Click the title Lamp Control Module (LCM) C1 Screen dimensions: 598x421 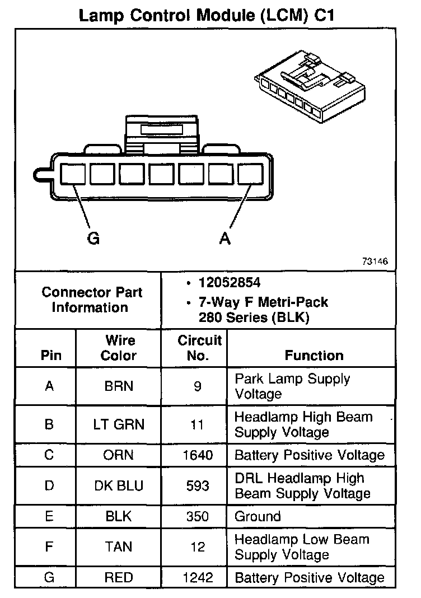click(207, 15)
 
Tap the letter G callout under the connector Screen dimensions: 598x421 click(93, 239)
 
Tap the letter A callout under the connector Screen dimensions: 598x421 click(224, 239)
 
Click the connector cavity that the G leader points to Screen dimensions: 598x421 click(72, 175)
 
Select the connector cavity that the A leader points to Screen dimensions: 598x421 click(250, 175)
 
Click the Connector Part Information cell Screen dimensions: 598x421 click(92, 300)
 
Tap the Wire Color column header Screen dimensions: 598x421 click(119, 348)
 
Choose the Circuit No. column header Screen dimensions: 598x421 click(199, 348)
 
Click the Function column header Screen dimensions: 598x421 click(314, 355)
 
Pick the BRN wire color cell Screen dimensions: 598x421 click(119, 386)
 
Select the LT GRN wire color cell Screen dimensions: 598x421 click(119, 424)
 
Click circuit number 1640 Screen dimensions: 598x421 click(198, 455)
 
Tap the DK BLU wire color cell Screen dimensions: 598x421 click(119, 485)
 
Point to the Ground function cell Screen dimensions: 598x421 click(258, 516)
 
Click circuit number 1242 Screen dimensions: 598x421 click(198, 577)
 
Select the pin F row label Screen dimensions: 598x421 click(49, 547)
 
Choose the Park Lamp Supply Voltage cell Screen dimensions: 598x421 click(292, 386)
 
